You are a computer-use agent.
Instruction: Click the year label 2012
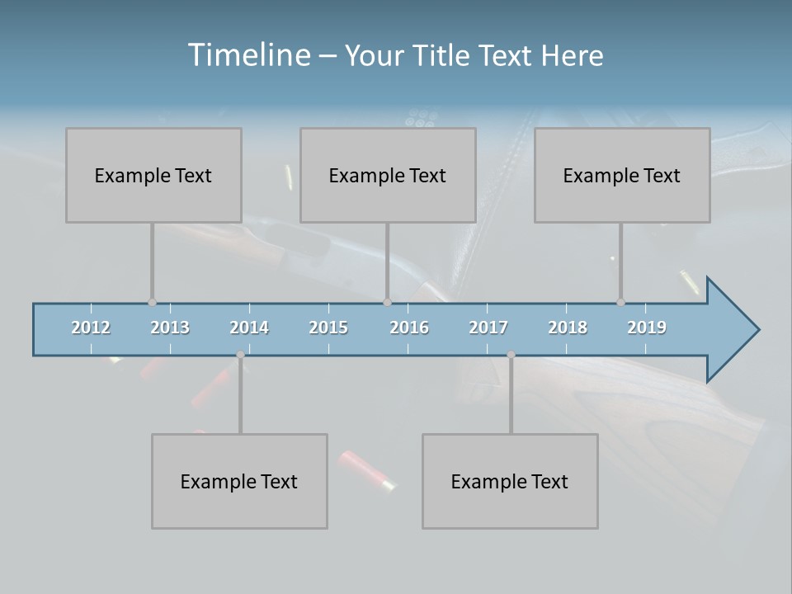click(91, 328)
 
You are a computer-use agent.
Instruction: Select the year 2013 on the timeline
click(170, 328)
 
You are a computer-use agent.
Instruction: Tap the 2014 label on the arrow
click(249, 328)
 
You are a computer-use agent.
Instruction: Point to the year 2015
click(328, 328)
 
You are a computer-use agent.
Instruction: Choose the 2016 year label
click(409, 328)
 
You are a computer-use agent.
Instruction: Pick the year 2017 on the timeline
click(488, 328)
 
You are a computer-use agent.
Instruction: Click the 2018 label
click(568, 328)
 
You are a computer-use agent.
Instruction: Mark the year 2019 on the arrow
click(647, 328)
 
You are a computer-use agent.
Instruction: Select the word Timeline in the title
click(247, 55)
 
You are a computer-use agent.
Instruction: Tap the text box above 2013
click(153, 175)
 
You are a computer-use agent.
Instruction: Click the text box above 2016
click(388, 175)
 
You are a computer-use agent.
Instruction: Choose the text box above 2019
click(622, 175)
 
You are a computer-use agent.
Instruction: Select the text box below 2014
click(239, 481)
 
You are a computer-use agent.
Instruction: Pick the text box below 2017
click(510, 481)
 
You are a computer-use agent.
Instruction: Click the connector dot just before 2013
click(152, 303)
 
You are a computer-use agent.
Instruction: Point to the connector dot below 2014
click(240, 355)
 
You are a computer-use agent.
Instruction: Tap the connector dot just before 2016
click(387, 303)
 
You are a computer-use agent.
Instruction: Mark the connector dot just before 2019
click(620, 303)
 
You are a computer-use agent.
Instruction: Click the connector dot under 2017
click(511, 355)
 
